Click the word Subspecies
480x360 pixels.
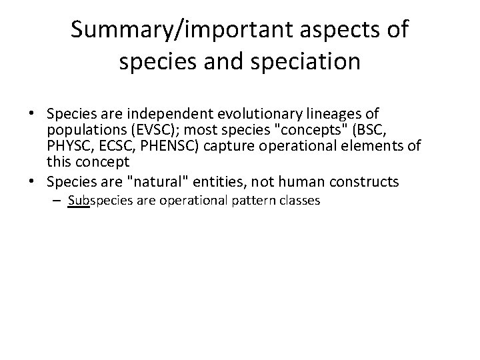click(98, 199)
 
